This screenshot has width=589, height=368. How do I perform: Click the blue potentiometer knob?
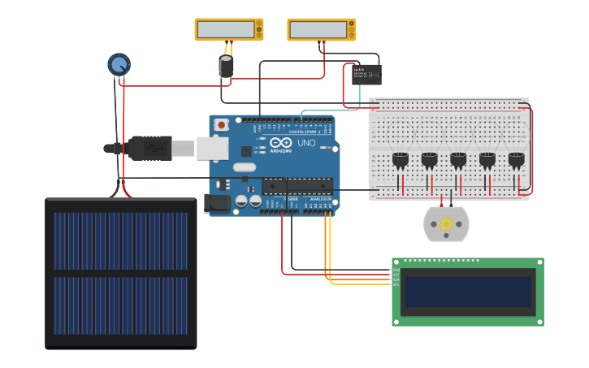click(x=119, y=64)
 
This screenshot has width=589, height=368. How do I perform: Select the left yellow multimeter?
click(x=229, y=29)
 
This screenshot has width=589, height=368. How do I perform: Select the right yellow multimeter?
click(x=321, y=29)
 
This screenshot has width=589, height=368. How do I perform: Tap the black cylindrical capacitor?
click(x=227, y=67)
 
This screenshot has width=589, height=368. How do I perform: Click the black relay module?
click(x=366, y=75)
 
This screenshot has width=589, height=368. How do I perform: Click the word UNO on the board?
click(x=306, y=143)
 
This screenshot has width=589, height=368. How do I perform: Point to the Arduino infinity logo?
click(x=280, y=142)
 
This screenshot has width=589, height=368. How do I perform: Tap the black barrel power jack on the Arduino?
click(x=218, y=203)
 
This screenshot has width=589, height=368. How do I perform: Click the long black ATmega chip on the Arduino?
click(x=297, y=186)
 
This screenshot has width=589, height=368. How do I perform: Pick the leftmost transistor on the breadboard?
click(x=400, y=160)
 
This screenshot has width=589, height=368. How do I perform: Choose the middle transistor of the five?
click(x=458, y=160)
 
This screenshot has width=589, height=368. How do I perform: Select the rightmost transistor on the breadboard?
click(x=516, y=160)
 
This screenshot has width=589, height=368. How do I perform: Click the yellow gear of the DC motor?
click(x=446, y=224)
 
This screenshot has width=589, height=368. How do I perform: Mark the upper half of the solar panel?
click(x=121, y=240)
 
